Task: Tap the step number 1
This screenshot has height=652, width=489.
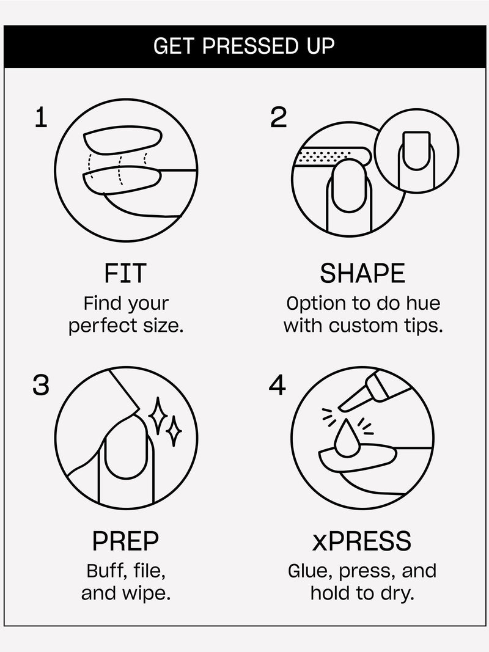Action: point(41,117)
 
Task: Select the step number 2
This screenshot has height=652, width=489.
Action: point(278,117)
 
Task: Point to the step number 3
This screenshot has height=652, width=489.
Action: point(41,385)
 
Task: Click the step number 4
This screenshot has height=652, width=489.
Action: point(278,385)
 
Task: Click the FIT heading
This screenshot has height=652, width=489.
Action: point(125,273)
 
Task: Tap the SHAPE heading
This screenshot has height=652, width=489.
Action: point(362,273)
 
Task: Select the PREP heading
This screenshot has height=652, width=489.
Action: point(125,541)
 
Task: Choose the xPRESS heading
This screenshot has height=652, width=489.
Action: point(362,541)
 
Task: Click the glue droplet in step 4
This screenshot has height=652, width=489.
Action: point(347,439)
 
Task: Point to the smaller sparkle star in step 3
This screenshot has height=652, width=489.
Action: point(174,431)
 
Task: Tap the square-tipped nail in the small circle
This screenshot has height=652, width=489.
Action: point(416,152)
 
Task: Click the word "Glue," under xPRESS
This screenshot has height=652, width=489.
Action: point(310,571)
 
